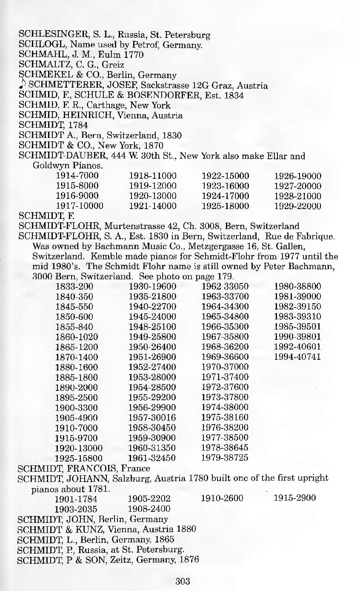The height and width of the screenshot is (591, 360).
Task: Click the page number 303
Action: tap(182, 581)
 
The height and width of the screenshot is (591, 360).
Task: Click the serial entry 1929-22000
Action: tap(297, 206)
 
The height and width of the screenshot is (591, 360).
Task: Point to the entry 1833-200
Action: tap(74, 287)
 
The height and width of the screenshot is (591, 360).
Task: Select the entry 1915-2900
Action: tap(294, 498)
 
